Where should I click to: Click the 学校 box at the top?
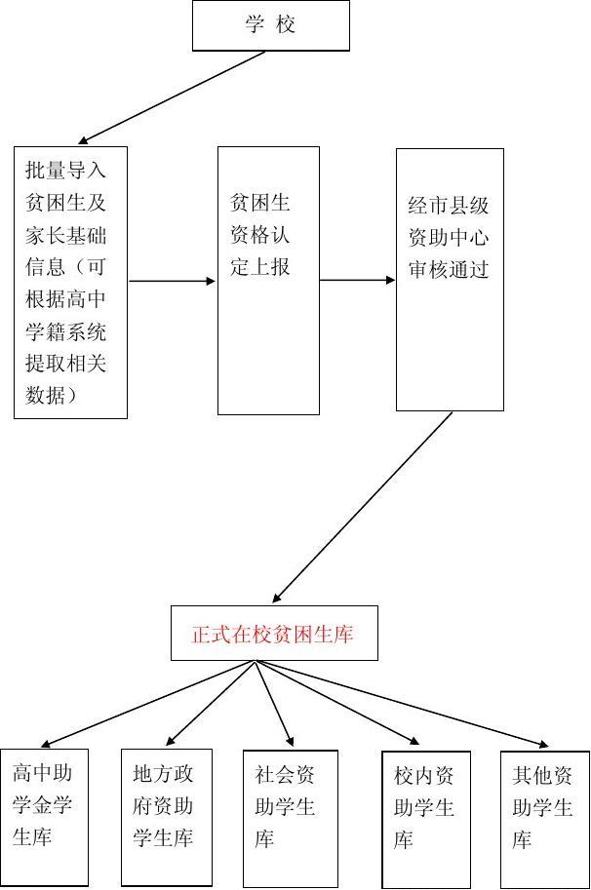click(x=270, y=25)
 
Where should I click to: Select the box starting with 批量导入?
click(x=70, y=282)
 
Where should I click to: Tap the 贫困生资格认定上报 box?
click(x=268, y=281)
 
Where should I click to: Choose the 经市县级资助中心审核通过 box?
click(x=450, y=280)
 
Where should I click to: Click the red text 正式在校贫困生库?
click(x=273, y=635)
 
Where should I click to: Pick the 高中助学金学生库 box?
click(x=44, y=817)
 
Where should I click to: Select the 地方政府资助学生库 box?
click(x=164, y=817)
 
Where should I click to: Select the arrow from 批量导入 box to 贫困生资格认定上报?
click(x=172, y=282)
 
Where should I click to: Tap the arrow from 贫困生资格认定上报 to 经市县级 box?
click(x=357, y=281)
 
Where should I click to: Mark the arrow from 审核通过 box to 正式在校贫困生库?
click(x=363, y=507)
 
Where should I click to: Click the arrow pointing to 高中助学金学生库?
click(x=146, y=704)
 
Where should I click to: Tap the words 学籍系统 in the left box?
click(x=65, y=331)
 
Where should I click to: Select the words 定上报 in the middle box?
click(x=260, y=267)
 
